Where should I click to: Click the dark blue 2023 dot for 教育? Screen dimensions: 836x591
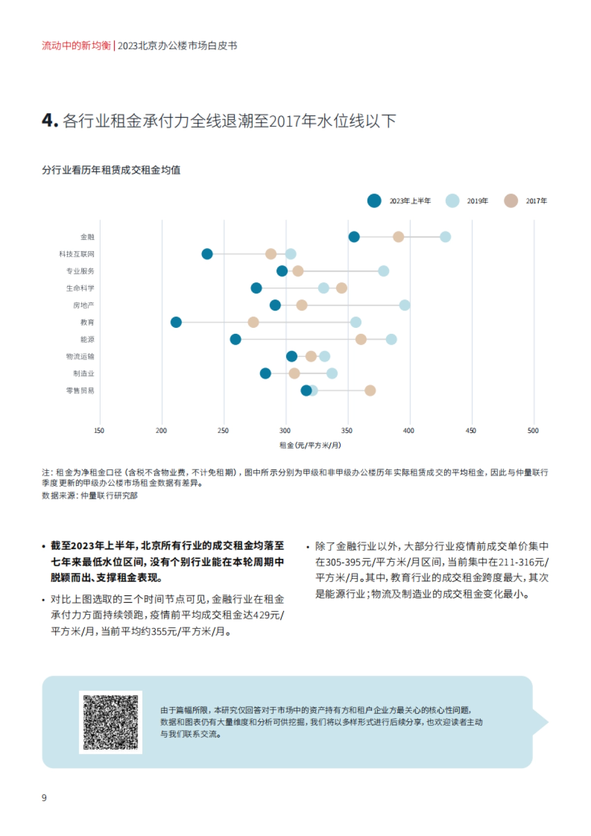[x=176, y=322]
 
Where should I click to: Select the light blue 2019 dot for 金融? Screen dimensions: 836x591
[x=445, y=237]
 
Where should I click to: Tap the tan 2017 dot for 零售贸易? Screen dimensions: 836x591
[x=370, y=390]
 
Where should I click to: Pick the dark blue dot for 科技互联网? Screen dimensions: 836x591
[x=207, y=254]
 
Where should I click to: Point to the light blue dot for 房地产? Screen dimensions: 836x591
[x=404, y=305]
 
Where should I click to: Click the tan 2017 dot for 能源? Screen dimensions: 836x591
[x=361, y=339]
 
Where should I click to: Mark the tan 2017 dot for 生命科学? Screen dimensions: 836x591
[x=342, y=288]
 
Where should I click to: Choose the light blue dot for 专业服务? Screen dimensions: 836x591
[x=384, y=271]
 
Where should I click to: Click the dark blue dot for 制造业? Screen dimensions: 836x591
[x=265, y=373]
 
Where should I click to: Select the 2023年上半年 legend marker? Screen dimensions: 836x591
[x=374, y=201]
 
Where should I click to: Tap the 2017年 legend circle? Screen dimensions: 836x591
[x=511, y=201]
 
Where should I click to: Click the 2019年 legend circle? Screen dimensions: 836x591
[x=452, y=201]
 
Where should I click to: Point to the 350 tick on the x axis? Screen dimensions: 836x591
[x=347, y=431]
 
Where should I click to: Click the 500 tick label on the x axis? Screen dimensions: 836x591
[x=533, y=431]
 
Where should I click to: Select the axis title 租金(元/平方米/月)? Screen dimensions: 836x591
[x=310, y=446]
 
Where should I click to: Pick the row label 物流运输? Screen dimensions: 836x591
[x=80, y=356]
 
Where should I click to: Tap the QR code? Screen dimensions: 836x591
[x=111, y=722]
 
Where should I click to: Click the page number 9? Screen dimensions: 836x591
[x=44, y=798]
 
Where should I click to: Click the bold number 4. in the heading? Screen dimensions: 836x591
[x=50, y=121]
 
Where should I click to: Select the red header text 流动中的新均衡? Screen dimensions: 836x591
[x=76, y=46]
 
